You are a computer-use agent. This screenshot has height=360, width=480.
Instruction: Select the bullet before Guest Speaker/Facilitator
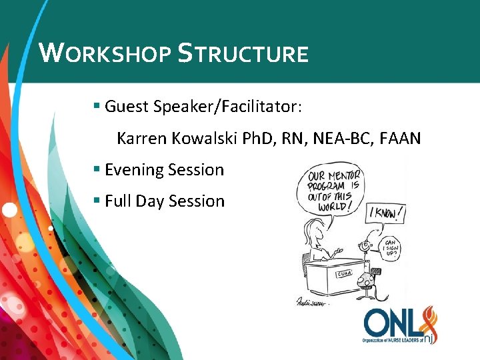point(97,105)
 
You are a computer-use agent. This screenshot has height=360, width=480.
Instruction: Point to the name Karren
point(141,139)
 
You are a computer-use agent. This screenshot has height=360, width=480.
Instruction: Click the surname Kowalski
point(200,139)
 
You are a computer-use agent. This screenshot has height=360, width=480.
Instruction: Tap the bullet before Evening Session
point(97,169)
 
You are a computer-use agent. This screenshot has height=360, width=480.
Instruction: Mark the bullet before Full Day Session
point(97,200)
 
